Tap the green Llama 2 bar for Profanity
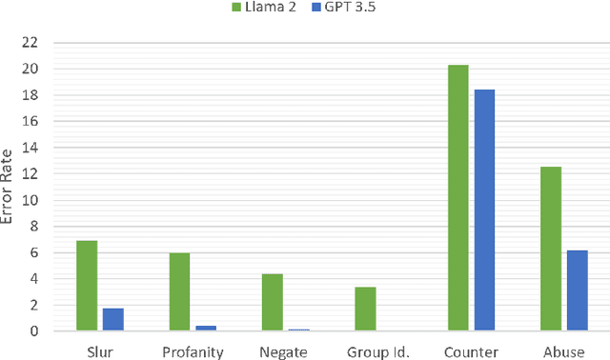coord(179,291)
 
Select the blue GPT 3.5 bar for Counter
coord(484,210)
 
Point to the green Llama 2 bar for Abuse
coord(550,249)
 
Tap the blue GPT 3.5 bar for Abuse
coord(578,290)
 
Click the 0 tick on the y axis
coord(33,331)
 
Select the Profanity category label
coord(193,351)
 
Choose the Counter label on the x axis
coord(471,351)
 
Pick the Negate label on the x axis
coord(285,351)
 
